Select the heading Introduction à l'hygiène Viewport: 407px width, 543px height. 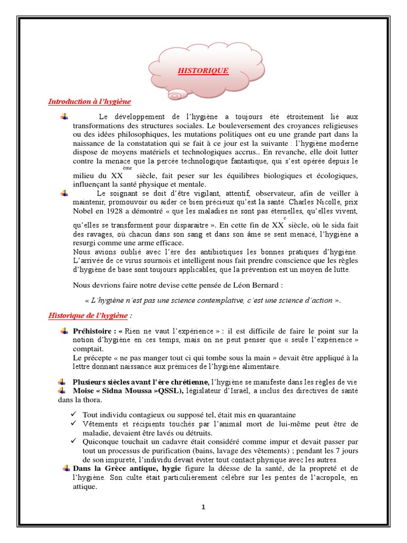click(89, 101)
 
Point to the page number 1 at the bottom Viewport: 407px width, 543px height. click(203, 507)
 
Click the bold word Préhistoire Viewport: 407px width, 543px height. click(91, 331)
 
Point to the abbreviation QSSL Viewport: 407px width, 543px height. click(169, 391)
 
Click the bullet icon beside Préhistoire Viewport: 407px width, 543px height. click(65, 331)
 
